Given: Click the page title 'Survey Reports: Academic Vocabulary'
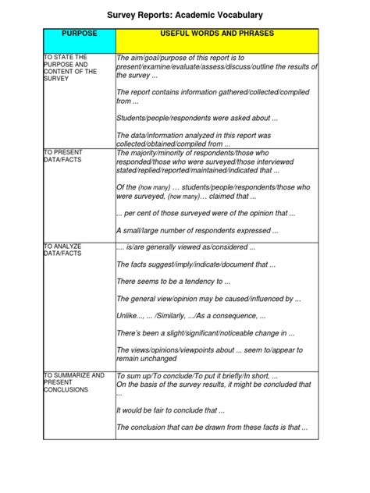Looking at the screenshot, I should (185, 15).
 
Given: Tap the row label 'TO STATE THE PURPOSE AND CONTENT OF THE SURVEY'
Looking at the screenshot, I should (71, 68).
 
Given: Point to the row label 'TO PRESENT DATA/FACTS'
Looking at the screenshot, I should (64, 155).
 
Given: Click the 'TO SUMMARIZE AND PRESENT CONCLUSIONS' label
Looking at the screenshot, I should (74, 382).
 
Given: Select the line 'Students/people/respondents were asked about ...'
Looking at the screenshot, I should (197, 119).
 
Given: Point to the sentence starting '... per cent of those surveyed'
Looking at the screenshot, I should (205, 213).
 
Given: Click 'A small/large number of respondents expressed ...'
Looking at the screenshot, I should (197, 231).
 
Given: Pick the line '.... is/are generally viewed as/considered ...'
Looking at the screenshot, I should (186, 247).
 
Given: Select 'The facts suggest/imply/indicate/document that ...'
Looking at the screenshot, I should (196, 264).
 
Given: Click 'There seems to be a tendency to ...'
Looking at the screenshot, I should (173, 281).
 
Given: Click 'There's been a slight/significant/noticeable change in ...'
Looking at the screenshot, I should (205, 333).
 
